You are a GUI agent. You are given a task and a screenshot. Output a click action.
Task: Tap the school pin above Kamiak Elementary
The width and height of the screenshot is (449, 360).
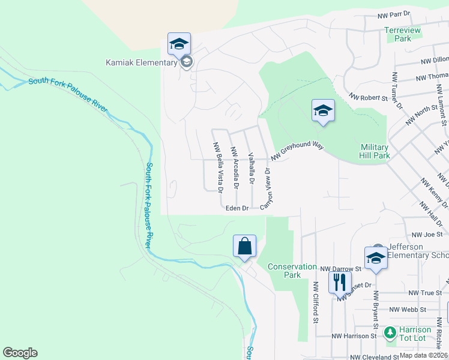click(179, 44)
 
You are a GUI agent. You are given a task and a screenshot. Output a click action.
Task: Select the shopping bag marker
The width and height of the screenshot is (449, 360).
click(245, 246)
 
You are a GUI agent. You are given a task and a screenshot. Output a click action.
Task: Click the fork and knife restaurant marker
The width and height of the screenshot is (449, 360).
click(340, 282)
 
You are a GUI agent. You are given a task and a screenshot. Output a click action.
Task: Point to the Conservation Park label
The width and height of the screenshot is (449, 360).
click(292, 271)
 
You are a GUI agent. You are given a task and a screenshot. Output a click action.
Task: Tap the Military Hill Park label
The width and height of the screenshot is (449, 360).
click(375, 151)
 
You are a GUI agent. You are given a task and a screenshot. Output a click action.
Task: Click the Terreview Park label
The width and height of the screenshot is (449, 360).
click(403, 34)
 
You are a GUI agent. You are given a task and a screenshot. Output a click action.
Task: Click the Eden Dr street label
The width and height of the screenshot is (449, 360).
click(237, 208)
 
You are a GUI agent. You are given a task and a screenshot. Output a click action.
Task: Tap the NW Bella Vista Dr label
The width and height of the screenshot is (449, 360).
click(218, 167)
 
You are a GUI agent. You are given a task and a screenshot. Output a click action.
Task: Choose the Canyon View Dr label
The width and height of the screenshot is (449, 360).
click(266, 188)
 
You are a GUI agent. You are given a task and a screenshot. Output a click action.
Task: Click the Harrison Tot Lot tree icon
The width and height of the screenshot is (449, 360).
click(390, 331)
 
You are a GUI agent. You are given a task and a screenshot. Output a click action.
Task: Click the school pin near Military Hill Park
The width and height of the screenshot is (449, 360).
click(323, 110)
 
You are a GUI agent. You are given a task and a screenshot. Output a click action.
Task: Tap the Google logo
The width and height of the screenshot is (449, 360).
click(20, 353)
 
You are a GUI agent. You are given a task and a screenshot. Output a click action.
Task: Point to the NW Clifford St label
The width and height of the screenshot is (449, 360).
click(315, 302)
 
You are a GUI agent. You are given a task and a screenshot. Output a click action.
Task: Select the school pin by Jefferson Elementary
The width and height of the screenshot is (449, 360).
click(376, 258)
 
